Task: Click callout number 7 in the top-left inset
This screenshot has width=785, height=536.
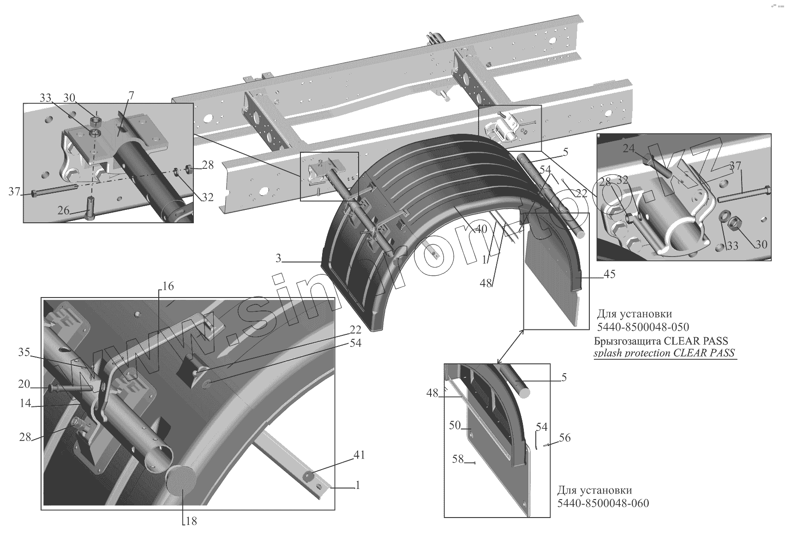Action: [132, 96]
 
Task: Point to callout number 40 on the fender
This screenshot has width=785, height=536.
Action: [481, 228]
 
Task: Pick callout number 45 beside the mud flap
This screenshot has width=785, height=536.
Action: [609, 274]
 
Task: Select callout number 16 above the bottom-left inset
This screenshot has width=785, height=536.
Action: [168, 286]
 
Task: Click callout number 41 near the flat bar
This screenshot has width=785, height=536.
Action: [359, 455]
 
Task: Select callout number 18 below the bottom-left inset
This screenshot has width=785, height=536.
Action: [191, 521]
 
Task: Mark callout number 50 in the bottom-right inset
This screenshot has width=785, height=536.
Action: [455, 425]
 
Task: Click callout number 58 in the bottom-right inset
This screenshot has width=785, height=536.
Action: [457, 459]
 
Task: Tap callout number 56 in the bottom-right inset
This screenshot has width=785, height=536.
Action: [564, 438]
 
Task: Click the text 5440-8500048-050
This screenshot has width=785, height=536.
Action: [643, 328]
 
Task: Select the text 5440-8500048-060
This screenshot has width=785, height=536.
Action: [603, 503]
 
